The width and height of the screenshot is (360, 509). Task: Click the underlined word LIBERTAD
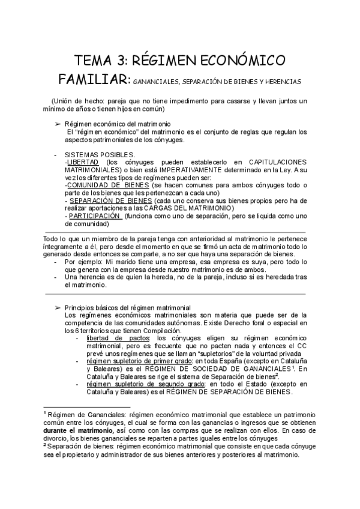point(82,162)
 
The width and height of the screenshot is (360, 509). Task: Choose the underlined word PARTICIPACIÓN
point(95,216)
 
